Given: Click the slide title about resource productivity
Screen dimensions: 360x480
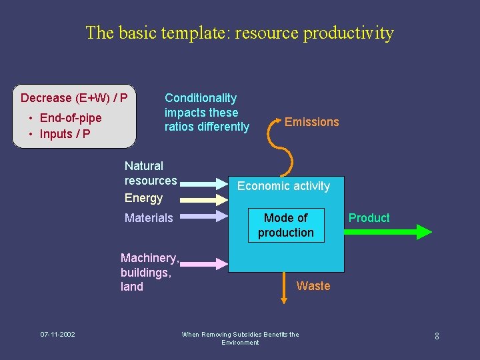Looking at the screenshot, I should (239, 33).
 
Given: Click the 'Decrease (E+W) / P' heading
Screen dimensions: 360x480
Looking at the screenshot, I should (74, 98).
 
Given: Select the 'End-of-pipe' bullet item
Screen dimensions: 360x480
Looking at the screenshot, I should (70, 118).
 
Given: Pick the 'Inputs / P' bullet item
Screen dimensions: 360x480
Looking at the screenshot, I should (65, 134).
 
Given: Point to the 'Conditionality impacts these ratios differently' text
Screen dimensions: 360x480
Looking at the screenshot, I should (207, 112).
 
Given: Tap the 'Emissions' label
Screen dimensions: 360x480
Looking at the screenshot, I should (311, 122).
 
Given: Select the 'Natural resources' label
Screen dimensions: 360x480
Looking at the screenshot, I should (151, 173).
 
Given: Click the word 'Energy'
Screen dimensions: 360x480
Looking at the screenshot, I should (143, 198).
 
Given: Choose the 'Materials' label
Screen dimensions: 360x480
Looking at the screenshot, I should (149, 218).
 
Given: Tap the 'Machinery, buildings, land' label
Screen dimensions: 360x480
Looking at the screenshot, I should (149, 272).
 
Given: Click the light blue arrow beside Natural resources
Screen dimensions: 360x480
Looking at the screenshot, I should (204, 182).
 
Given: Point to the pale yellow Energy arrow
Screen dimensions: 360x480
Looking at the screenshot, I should (204, 199).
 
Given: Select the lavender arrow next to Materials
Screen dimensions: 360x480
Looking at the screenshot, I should (204, 216).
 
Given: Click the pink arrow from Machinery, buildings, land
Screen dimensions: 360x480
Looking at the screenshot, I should (204, 265).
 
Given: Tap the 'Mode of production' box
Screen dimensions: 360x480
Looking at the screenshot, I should (285, 225).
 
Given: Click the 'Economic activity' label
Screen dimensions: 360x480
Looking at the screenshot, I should (283, 186).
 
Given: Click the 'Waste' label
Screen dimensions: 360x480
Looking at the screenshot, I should (313, 286).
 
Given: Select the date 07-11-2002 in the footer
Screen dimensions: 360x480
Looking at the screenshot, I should (57, 334).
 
